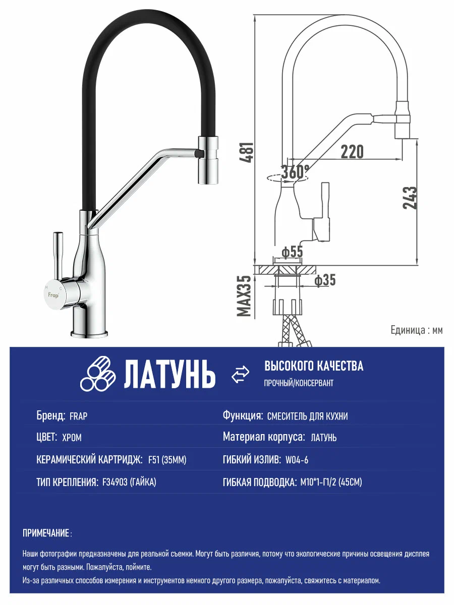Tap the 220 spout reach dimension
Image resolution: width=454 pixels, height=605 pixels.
pos(352,151)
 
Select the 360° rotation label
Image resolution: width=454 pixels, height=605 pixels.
pos(295,172)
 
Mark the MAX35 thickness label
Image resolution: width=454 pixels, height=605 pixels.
pos(245,296)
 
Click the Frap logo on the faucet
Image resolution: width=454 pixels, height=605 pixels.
pos(53,294)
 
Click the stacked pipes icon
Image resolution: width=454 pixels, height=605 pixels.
pos(97,374)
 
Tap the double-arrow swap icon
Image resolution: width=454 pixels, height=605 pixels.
pos(241,375)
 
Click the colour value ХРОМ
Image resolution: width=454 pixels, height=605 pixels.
pos(72,438)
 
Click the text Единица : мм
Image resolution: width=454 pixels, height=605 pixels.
pos(416,330)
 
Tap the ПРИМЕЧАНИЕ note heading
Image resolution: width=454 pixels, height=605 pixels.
pos(47,533)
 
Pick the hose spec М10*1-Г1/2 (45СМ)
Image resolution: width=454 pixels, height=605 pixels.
pos(330,482)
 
